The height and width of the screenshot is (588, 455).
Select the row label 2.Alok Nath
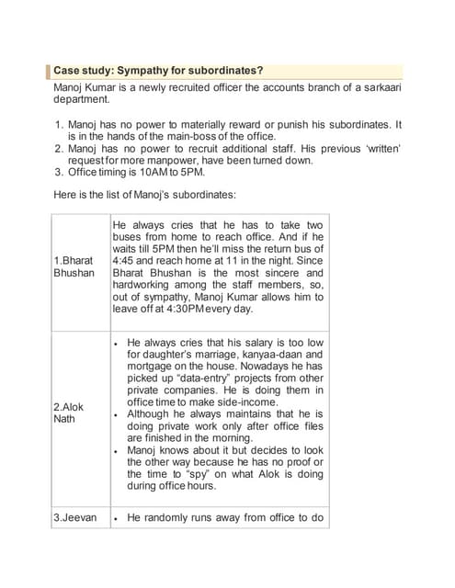pyautogui.click(x=67, y=413)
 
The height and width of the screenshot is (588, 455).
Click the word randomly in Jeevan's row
pyautogui.click(x=172, y=517)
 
